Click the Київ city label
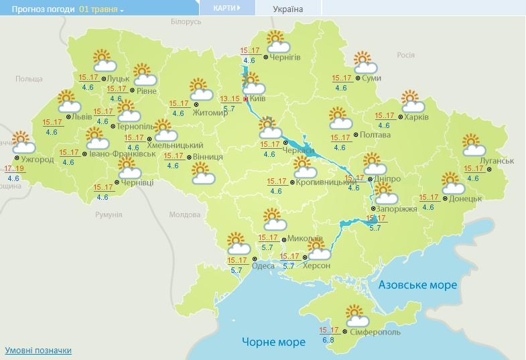(x=258, y=99)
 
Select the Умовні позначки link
(x=38, y=350)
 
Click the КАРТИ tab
(x=226, y=8)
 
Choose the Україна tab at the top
(x=288, y=9)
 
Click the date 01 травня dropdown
(x=101, y=9)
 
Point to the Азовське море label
(x=417, y=285)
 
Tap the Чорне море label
(x=273, y=342)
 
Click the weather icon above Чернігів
(x=277, y=42)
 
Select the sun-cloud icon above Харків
(x=412, y=101)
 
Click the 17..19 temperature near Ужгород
(x=15, y=168)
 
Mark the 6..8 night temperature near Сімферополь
(x=328, y=341)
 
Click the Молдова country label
(x=184, y=215)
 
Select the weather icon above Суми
(x=365, y=62)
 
